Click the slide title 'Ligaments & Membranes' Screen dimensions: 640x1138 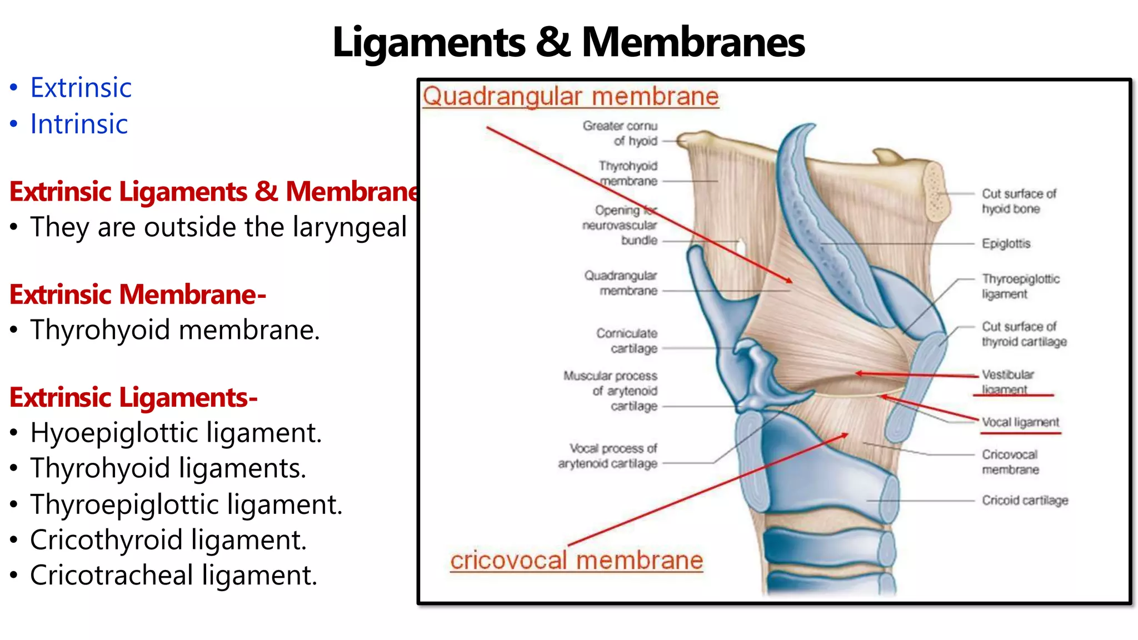point(568,42)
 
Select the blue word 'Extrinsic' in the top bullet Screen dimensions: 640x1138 point(81,88)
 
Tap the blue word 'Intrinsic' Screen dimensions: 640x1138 point(79,124)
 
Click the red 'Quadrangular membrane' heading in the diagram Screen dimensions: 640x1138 point(571,96)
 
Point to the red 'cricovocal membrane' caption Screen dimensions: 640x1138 point(576,560)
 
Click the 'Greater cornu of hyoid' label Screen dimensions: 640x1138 point(620,133)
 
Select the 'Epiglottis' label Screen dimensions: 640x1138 point(1006,243)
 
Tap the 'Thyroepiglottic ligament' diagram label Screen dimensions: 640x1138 point(1020,286)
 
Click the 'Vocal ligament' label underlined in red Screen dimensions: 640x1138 point(1020,422)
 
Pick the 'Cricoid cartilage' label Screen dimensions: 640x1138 point(1025,501)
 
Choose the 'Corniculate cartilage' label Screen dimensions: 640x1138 point(627,341)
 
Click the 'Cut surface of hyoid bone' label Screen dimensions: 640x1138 point(1018,201)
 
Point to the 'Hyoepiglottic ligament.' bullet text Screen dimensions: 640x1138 point(176,433)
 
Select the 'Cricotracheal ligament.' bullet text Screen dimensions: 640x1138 point(174,575)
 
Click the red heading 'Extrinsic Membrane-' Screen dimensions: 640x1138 point(138,294)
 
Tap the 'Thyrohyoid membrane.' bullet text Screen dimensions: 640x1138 point(175,330)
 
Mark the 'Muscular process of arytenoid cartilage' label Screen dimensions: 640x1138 point(610,391)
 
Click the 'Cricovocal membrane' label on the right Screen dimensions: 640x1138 point(1010,462)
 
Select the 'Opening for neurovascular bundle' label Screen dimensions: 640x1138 point(620,225)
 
